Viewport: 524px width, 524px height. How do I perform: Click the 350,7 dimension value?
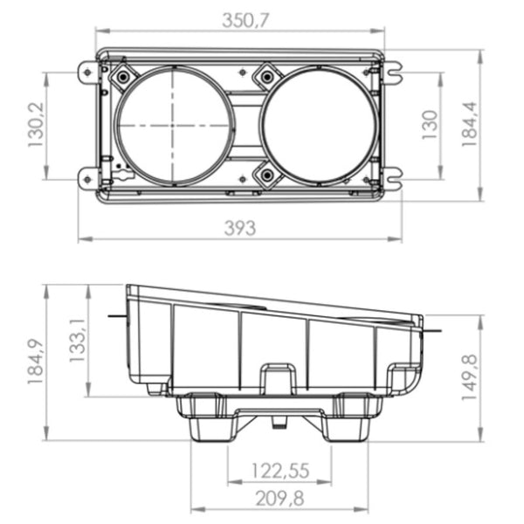tap(245, 21)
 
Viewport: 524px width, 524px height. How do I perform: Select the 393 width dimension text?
tap(240, 228)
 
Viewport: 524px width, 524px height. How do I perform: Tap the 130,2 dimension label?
tap(36, 125)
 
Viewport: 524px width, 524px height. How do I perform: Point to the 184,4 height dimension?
tap(469, 124)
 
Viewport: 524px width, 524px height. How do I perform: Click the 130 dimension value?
tap(430, 125)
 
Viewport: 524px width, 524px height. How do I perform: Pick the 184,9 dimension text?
tap(36, 362)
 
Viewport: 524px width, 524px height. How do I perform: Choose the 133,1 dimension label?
tap(78, 341)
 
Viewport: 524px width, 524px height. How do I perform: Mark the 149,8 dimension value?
tap(469, 377)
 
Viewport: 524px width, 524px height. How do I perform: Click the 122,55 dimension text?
tap(280, 471)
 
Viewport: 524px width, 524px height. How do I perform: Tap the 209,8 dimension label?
tap(280, 499)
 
